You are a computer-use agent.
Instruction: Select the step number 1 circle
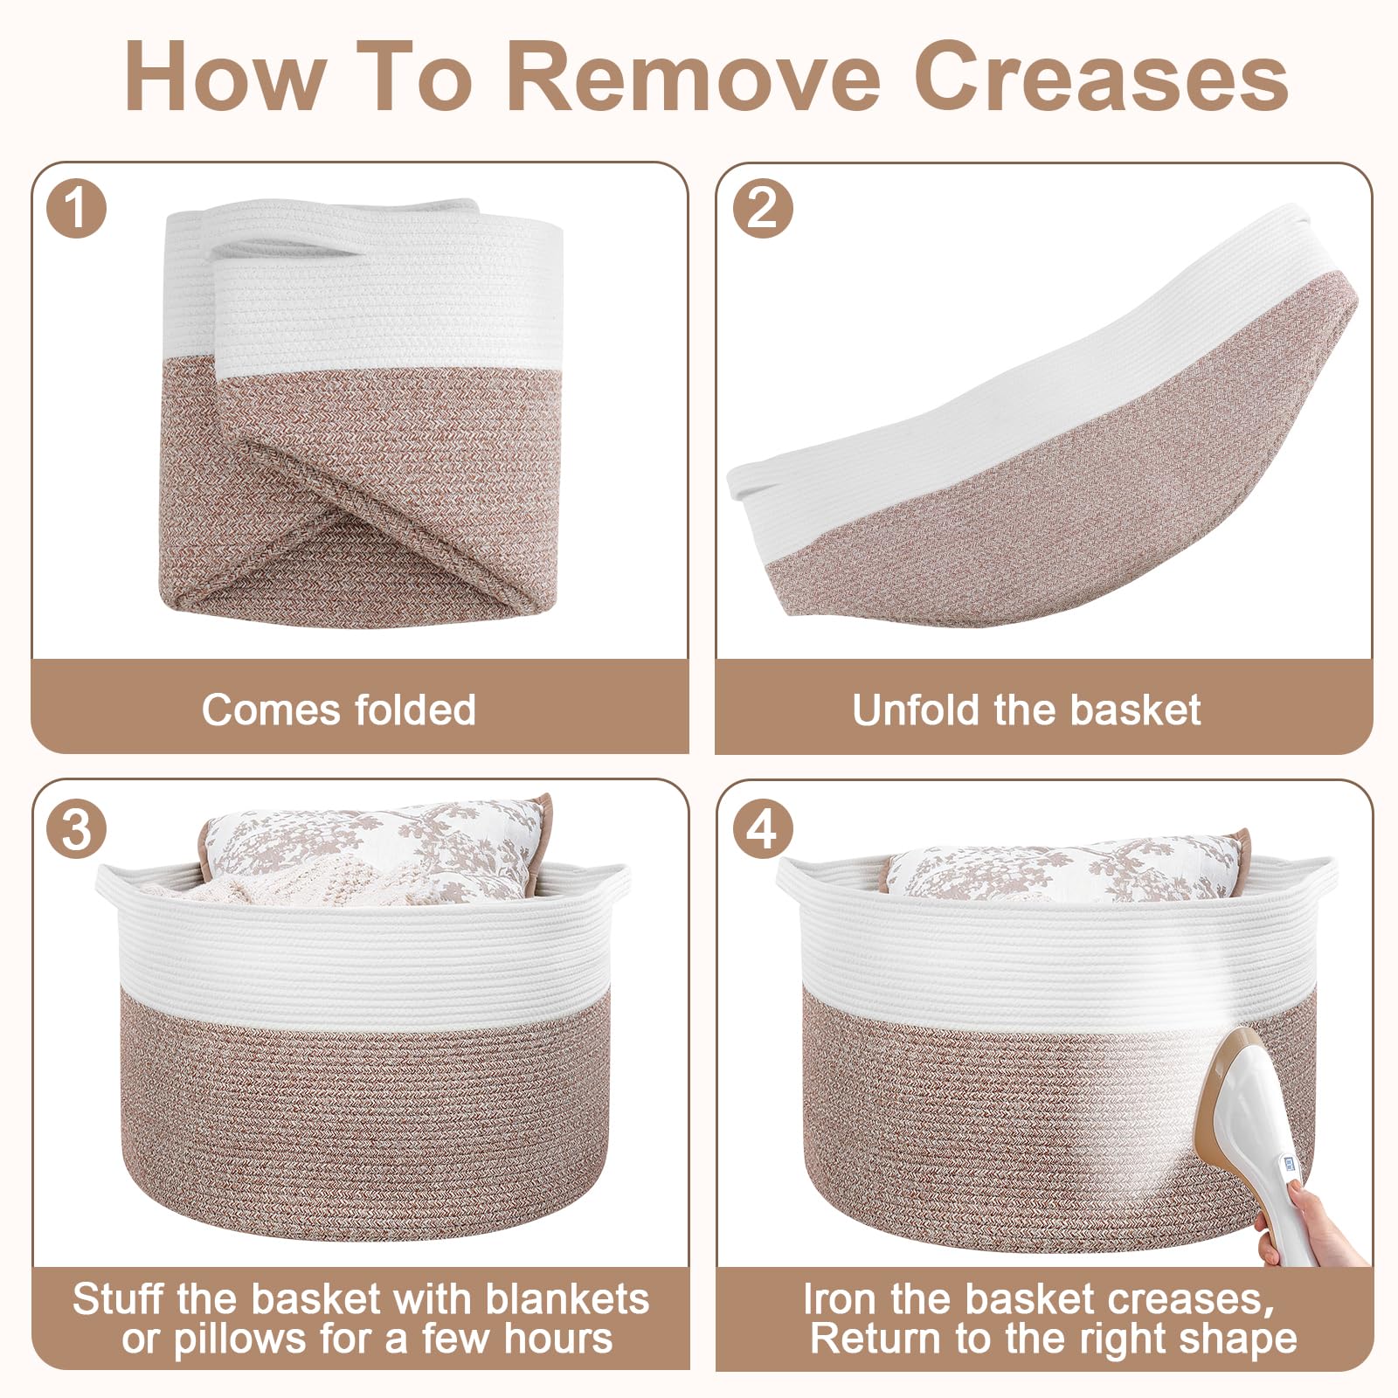coord(77,209)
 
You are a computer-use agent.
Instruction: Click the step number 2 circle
coord(763,209)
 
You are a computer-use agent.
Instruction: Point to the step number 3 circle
coord(77,828)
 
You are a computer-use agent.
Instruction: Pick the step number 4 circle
coord(763,828)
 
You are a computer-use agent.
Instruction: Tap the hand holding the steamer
coord(1311,1223)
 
